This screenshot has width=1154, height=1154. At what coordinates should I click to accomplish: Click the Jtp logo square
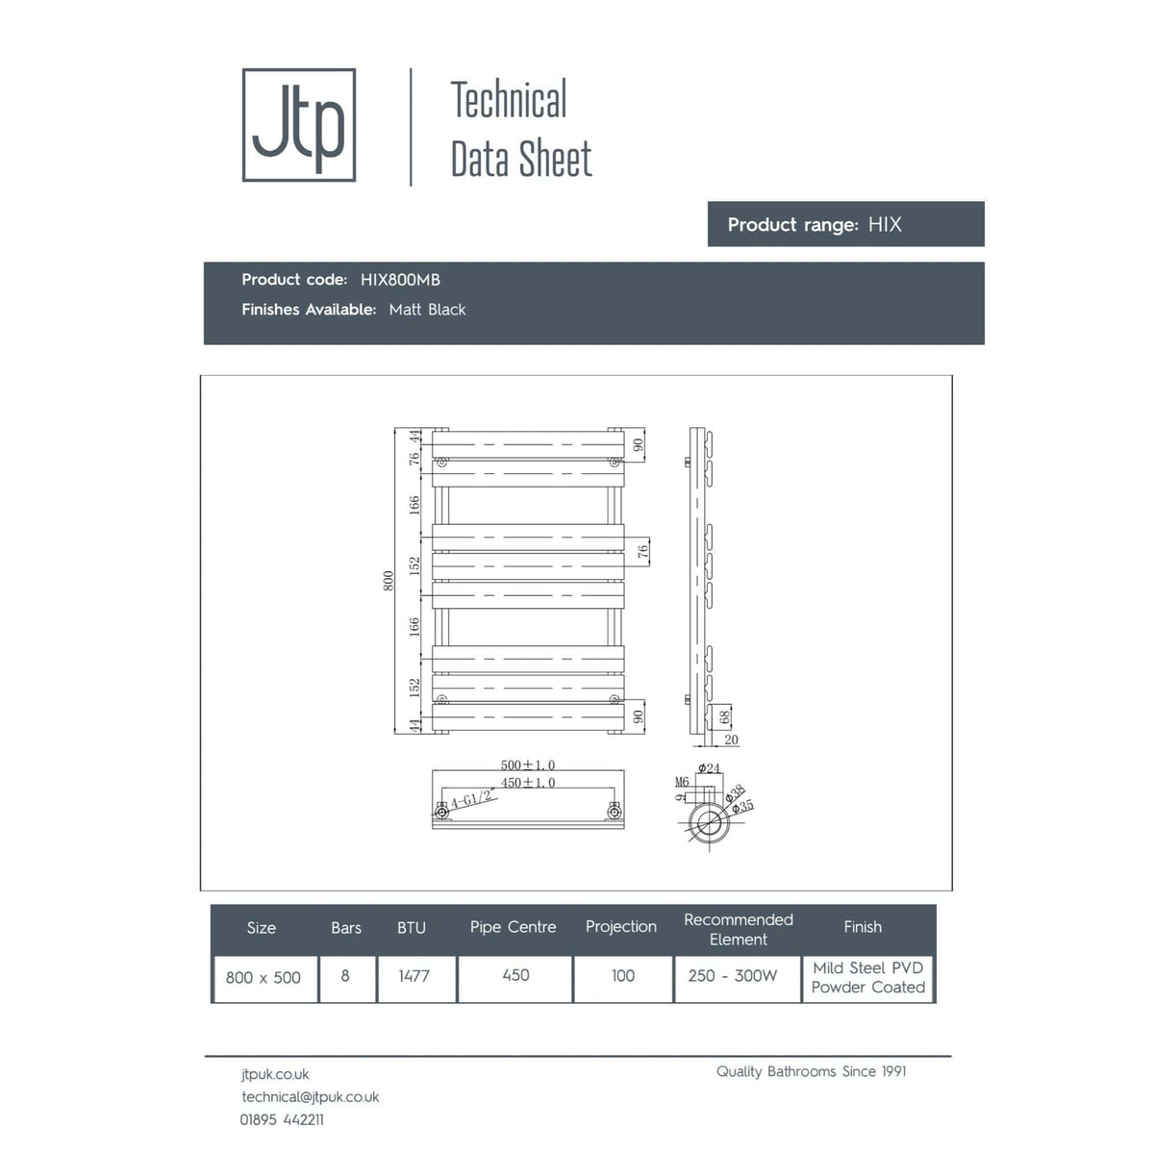pyautogui.click(x=299, y=125)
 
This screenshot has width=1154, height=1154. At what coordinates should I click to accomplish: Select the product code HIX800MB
pyautogui.click(x=400, y=280)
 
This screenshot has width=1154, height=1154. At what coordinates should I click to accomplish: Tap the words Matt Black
pyautogui.click(x=427, y=310)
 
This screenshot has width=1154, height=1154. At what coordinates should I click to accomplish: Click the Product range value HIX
pyautogui.click(x=885, y=225)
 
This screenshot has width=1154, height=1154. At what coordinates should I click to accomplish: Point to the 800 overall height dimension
pyautogui.click(x=389, y=580)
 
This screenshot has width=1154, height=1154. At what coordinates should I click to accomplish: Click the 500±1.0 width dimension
pyautogui.click(x=528, y=765)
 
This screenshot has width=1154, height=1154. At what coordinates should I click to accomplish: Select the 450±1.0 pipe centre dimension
pyautogui.click(x=528, y=783)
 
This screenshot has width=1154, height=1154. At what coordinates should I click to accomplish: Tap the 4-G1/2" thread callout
pyautogui.click(x=471, y=799)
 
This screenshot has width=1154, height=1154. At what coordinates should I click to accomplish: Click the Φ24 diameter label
pyautogui.click(x=709, y=768)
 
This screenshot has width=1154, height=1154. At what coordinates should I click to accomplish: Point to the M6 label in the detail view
pyautogui.click(x=682, y=782)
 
